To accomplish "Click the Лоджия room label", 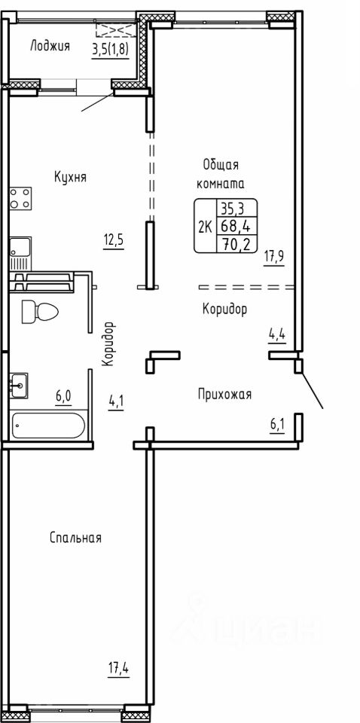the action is click(50, 46).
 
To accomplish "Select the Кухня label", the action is click(71, 177).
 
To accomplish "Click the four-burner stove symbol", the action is click(21, 199).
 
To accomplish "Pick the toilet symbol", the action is click(40, 311).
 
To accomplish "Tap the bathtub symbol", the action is click(48, 425).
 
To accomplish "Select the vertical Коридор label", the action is click(108, 344).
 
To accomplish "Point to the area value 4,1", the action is click(115, 404).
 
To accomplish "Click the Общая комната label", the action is click(221, 174).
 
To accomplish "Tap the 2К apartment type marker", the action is click(204, 227).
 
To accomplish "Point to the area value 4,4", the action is click(277, 334).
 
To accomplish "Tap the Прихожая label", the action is click(225, 395).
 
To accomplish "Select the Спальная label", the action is click(75, 538).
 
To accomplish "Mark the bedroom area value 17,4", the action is click(118, 669).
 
